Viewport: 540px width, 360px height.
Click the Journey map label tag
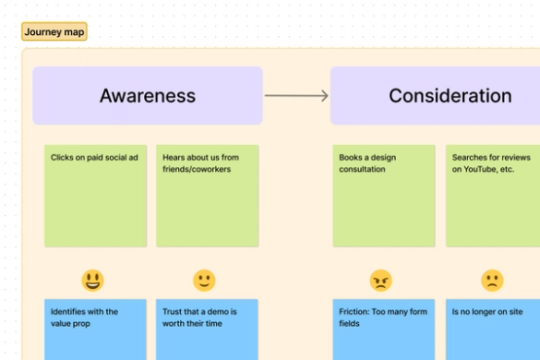coord(54,32)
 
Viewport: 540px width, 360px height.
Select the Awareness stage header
coord(148,95)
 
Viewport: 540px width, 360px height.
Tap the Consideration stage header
coord(435,95)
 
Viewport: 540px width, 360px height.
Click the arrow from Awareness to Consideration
coord(296,95)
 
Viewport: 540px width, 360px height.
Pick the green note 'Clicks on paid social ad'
coord(96,196)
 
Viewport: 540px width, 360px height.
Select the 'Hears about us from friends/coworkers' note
coord(208,196)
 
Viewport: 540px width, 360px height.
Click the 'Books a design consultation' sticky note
coord(384,196)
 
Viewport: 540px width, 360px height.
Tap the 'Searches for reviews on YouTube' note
coord(493,196)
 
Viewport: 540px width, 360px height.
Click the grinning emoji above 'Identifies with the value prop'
coord(92,281)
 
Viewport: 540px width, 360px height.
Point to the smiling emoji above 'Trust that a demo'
coord(204,281)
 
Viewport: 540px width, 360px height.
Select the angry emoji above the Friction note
coord(380,281)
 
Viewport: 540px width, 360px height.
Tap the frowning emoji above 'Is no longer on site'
coord(492,281)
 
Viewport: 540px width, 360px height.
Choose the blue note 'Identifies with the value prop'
coord(96,330)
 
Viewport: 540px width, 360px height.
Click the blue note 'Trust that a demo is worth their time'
coord(208,330)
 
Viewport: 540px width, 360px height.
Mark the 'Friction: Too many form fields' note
coord(384,330)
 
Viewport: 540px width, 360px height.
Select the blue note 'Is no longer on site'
coord(493,330)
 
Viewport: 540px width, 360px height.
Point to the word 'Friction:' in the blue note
coord(355,312)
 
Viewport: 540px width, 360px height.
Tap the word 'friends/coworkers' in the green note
coord(197,170)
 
